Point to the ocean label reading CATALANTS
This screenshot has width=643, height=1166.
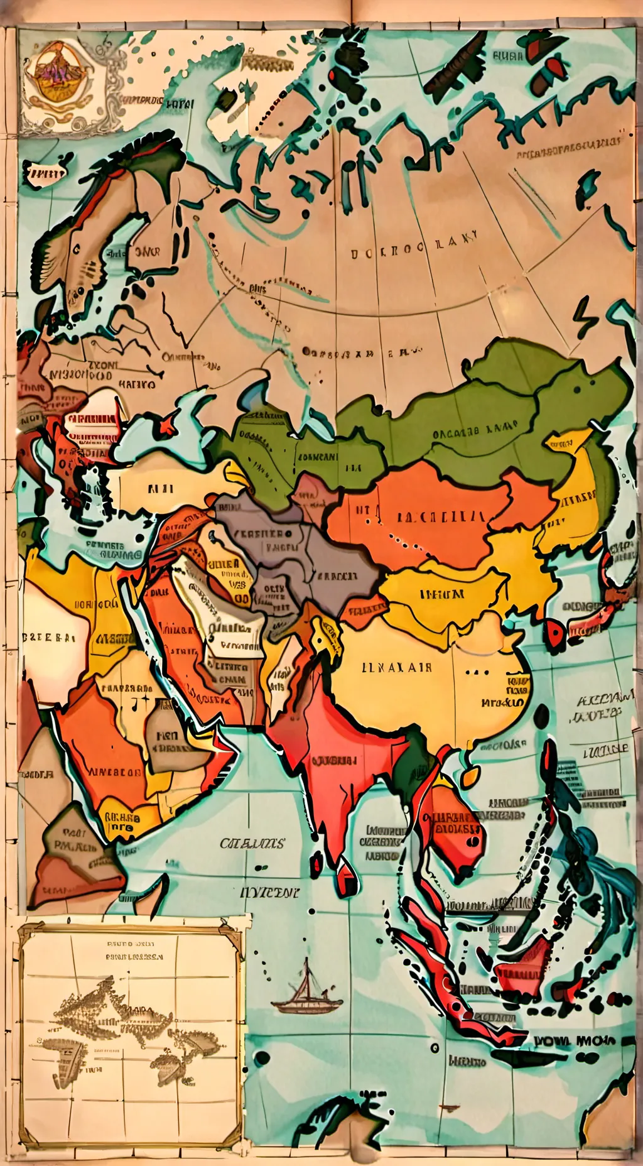point(252,843)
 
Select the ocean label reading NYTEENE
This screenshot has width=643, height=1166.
point(269,892)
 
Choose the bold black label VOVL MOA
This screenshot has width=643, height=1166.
point(575,1041)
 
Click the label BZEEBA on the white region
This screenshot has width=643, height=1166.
point(49,637)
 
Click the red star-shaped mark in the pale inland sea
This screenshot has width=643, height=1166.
point(168,427)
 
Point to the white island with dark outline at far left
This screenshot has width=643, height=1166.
point(45,173)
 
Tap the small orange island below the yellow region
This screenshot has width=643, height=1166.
point(470,778)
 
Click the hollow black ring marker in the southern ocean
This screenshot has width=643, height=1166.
point(434,1048)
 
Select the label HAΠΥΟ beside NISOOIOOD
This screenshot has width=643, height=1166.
point(136,383)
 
